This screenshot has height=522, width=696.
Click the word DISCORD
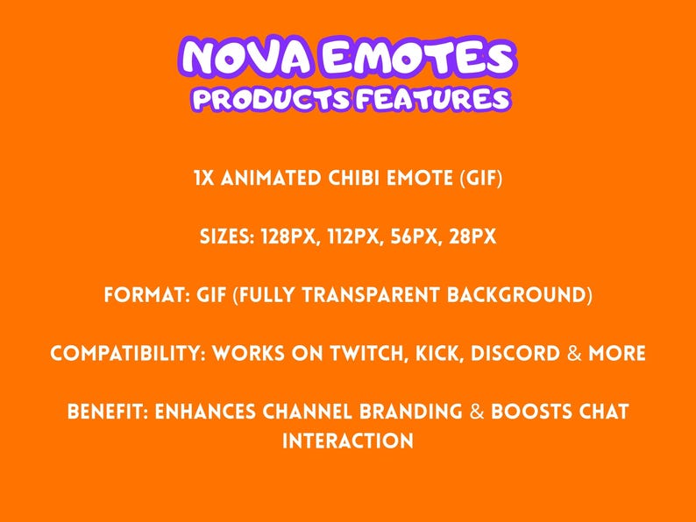(516, 354)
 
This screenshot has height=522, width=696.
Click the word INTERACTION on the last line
(348, 441)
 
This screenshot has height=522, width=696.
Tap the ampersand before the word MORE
(574, 354)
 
